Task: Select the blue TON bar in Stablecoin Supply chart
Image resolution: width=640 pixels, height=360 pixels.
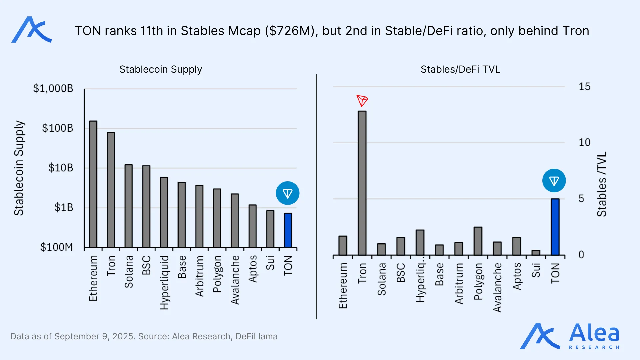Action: point(288,230)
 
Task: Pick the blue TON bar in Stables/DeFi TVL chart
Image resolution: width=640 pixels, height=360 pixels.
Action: point(555,227)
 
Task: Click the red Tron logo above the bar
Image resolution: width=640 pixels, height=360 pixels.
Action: point(362,101)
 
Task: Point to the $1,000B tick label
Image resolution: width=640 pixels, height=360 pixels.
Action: point(53,88)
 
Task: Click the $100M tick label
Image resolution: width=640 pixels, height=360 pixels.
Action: point(56,247)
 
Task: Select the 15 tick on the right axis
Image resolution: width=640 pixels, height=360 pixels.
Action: point(584,87)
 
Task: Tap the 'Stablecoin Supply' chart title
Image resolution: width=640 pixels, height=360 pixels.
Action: point(161,69)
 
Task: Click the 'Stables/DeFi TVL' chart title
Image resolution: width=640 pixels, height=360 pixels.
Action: point(460,69)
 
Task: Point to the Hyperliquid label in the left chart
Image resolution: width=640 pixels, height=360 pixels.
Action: point(164,283)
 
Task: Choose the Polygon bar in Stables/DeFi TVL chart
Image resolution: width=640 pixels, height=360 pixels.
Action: point(478,241)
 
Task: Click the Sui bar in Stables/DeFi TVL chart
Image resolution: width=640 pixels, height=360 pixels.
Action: point(536,253)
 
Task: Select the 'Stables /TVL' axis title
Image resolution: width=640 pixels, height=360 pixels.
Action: point(602,184)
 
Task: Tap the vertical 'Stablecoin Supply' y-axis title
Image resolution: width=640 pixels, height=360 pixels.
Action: point(19,168)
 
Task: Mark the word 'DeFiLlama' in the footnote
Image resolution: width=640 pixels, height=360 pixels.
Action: point(256,336)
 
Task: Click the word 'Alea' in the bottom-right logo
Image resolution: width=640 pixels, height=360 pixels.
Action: point(594,333)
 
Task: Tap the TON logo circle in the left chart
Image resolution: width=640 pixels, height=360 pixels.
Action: point(288,193)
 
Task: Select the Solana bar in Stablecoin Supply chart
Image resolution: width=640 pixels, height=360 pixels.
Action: point(129,206)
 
